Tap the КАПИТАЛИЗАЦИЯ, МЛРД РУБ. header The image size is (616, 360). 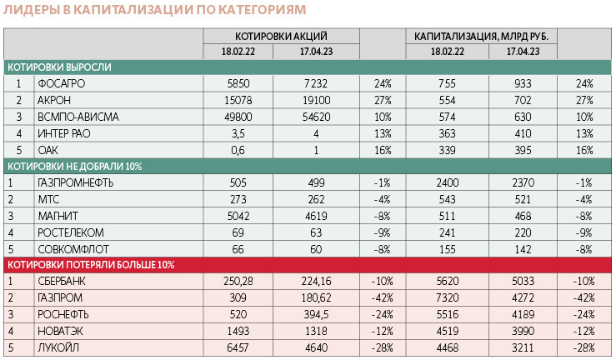coord(481,36)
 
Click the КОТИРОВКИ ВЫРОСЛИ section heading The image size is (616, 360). coord(60,67)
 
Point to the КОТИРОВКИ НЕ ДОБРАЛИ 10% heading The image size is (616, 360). coord(75,166)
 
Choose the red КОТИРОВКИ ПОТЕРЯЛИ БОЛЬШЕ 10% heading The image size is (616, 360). coord(91,265)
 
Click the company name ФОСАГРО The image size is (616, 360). coord(61,83)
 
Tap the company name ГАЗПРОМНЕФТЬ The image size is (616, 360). coord(76,182)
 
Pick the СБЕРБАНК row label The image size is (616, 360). coord(62,281)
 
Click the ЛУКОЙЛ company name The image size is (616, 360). coord(58,347)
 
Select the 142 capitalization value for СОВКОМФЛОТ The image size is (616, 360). coord(522,248)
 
